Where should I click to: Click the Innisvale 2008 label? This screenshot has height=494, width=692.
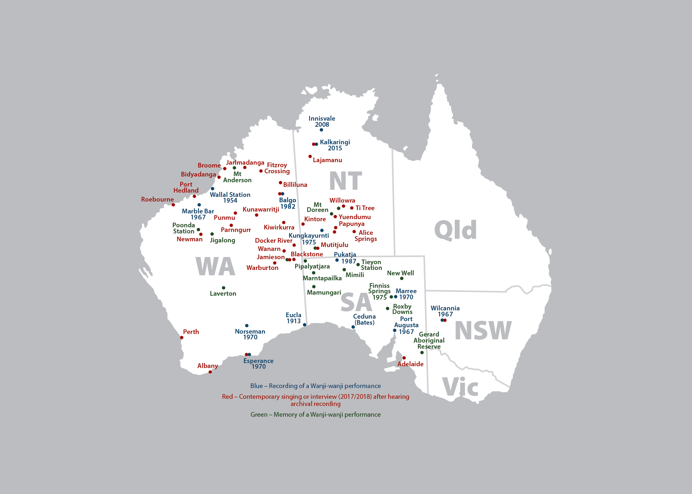click(322, 121)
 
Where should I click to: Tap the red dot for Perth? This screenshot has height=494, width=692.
click(182, 338)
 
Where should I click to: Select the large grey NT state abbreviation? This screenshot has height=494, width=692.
click(345, 181)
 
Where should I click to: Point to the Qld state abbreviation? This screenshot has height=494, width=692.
click(455, 230)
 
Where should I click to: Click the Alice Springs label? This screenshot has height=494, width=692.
click(365, 236)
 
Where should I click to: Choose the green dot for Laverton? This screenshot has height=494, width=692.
click(224, 288)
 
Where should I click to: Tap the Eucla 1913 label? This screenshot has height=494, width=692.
click(293, 318)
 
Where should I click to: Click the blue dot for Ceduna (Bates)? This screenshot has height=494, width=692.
click(353, 327)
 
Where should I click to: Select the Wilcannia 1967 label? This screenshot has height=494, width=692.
click(445, 311)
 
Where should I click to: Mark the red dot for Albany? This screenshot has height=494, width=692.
click(210, 372)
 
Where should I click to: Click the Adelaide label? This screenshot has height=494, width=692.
click(410, 364)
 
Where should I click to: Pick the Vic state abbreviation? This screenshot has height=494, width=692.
click(460, 387)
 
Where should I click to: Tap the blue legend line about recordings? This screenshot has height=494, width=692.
click(315, 386)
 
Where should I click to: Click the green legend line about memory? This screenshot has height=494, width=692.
click(315, 415)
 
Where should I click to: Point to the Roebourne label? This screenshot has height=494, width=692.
click(157, 199)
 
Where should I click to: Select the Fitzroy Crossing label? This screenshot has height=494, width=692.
click(277, 168)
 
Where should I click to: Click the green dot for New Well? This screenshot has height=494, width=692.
click(401, 279)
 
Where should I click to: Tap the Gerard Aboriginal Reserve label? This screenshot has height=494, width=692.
click(429, 340)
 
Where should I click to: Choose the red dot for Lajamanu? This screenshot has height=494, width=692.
click(310, 156)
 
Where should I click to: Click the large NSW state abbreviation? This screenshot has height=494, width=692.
click(483, 330)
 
